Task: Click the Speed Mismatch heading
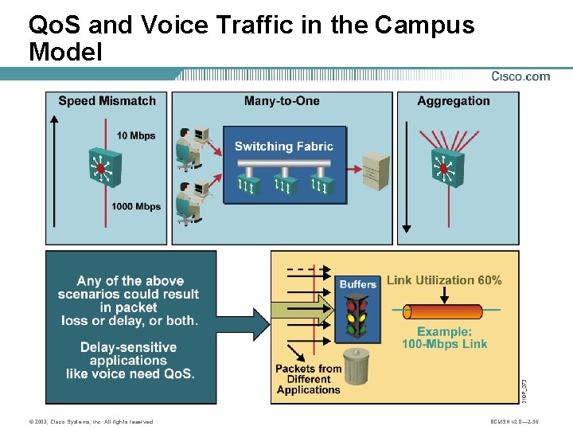point(107,101)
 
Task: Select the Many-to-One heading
point(282,101)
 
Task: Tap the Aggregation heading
point(454,101)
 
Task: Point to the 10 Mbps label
point(136,135)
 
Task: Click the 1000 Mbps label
point(136,207)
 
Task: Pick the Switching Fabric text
point(284,147)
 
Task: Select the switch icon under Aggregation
point(443,168)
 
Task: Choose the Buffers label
point(358,284)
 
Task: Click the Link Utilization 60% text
point(444,280)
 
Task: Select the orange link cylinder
point(444,311)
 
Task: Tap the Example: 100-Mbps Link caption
point(444,338)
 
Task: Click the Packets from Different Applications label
point(308,379)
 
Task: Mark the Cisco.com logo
point(520,76)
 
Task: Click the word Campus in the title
point(424,25)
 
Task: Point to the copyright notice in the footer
point(90,421)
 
